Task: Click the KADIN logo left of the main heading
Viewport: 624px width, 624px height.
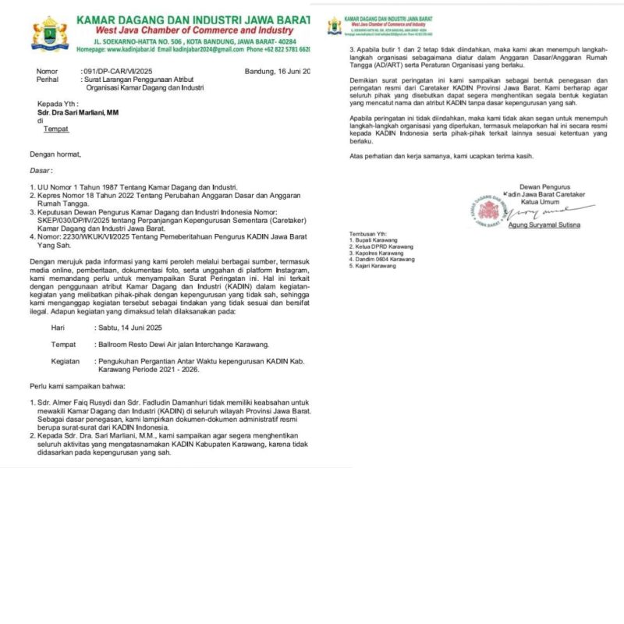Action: coord(49,33)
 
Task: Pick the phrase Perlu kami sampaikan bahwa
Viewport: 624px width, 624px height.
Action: coord(74,387)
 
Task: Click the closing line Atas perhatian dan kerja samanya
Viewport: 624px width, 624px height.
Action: coord(441,156)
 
